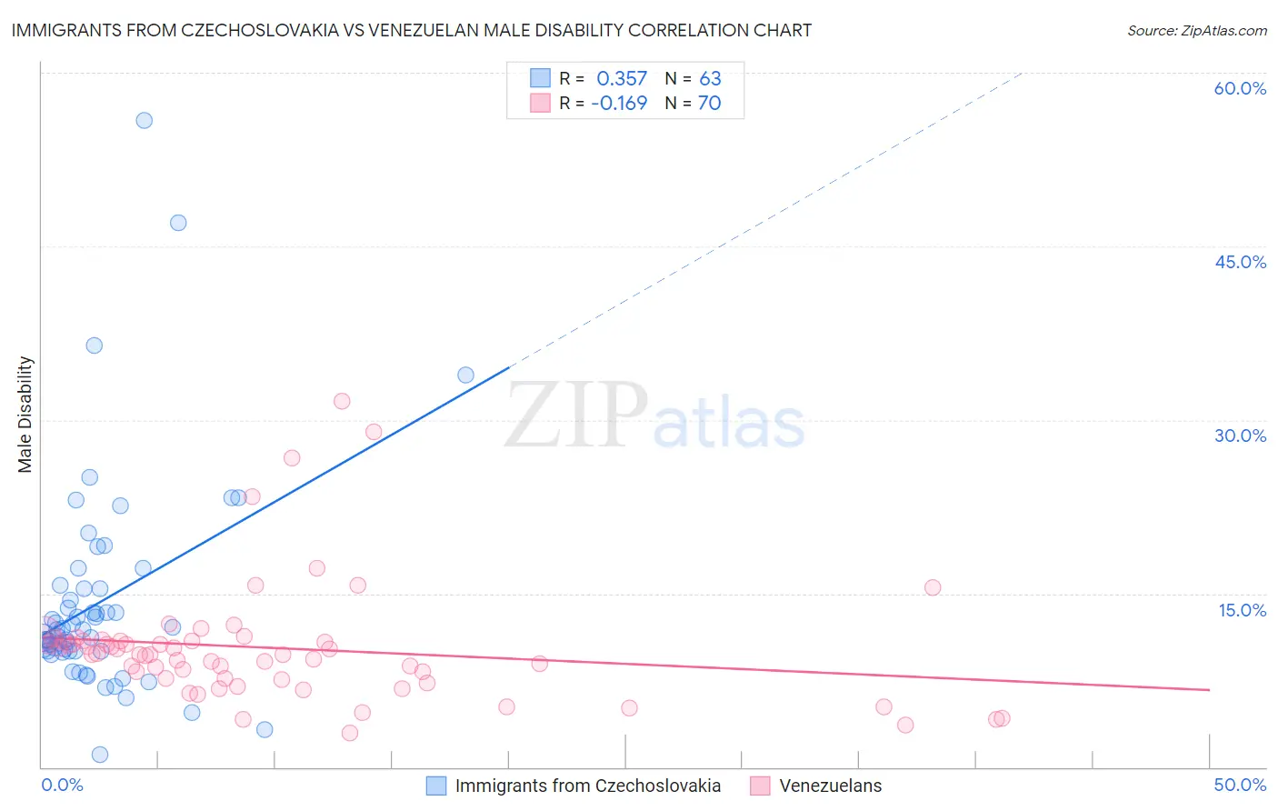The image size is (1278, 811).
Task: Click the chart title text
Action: click(411, 30)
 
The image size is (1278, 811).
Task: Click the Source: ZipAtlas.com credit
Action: click(1196, 30)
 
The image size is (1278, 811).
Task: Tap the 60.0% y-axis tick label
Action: click(1240, 88)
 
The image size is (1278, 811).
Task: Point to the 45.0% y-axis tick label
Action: click(1240, 262)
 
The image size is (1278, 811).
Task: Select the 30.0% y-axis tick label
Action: click(1240, 436)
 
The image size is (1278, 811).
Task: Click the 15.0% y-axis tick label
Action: click(1242, 610)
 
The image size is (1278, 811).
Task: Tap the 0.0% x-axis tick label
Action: click(62, 785)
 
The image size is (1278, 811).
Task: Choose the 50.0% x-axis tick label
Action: click(1240, 785)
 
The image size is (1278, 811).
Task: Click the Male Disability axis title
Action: click(25, 415)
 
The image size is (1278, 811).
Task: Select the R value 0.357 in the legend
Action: click(622, 79)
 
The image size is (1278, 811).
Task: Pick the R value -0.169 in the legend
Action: click(619, 104)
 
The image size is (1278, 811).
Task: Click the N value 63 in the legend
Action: click(710, 79)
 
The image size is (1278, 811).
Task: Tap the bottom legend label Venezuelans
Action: click(830, 786)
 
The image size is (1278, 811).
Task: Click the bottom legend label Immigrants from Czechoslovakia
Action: click(587, 786)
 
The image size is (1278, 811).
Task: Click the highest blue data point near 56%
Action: click(144, 120)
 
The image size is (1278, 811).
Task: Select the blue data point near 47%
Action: click(178, 223)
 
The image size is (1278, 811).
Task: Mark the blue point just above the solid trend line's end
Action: click(465, 375)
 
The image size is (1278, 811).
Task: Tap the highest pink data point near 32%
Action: click(342, 401)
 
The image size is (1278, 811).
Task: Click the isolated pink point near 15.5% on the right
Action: click(933, 587)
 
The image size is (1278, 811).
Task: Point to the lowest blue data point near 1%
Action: click(100, 755)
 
